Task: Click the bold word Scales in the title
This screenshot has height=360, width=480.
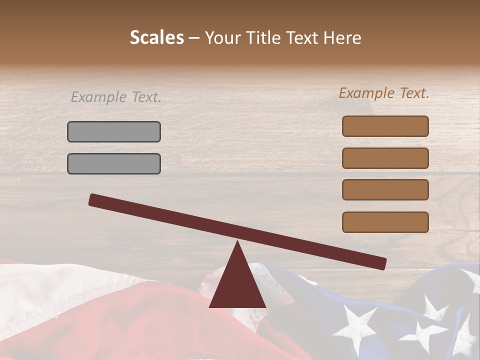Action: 156,38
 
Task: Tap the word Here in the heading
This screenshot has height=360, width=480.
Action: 342,38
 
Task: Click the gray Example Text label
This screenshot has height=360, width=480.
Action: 116,97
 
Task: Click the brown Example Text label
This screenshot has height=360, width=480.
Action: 384,93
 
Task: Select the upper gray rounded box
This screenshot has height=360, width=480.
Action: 114,131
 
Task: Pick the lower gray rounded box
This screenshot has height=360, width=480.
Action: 114,163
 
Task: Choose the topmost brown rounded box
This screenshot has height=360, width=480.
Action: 385,126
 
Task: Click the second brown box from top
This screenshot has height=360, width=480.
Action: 385,158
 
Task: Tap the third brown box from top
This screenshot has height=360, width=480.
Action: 385,190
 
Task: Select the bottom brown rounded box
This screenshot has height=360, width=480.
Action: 385,222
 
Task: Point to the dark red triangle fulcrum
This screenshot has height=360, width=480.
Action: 237,282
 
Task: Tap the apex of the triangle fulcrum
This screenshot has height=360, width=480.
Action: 237,243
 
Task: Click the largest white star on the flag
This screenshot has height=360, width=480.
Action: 356,327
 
